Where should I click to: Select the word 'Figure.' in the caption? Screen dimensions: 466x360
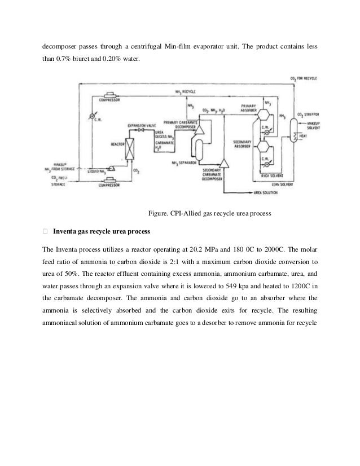(157, 213)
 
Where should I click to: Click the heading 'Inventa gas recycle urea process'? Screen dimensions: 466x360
(108, 231)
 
